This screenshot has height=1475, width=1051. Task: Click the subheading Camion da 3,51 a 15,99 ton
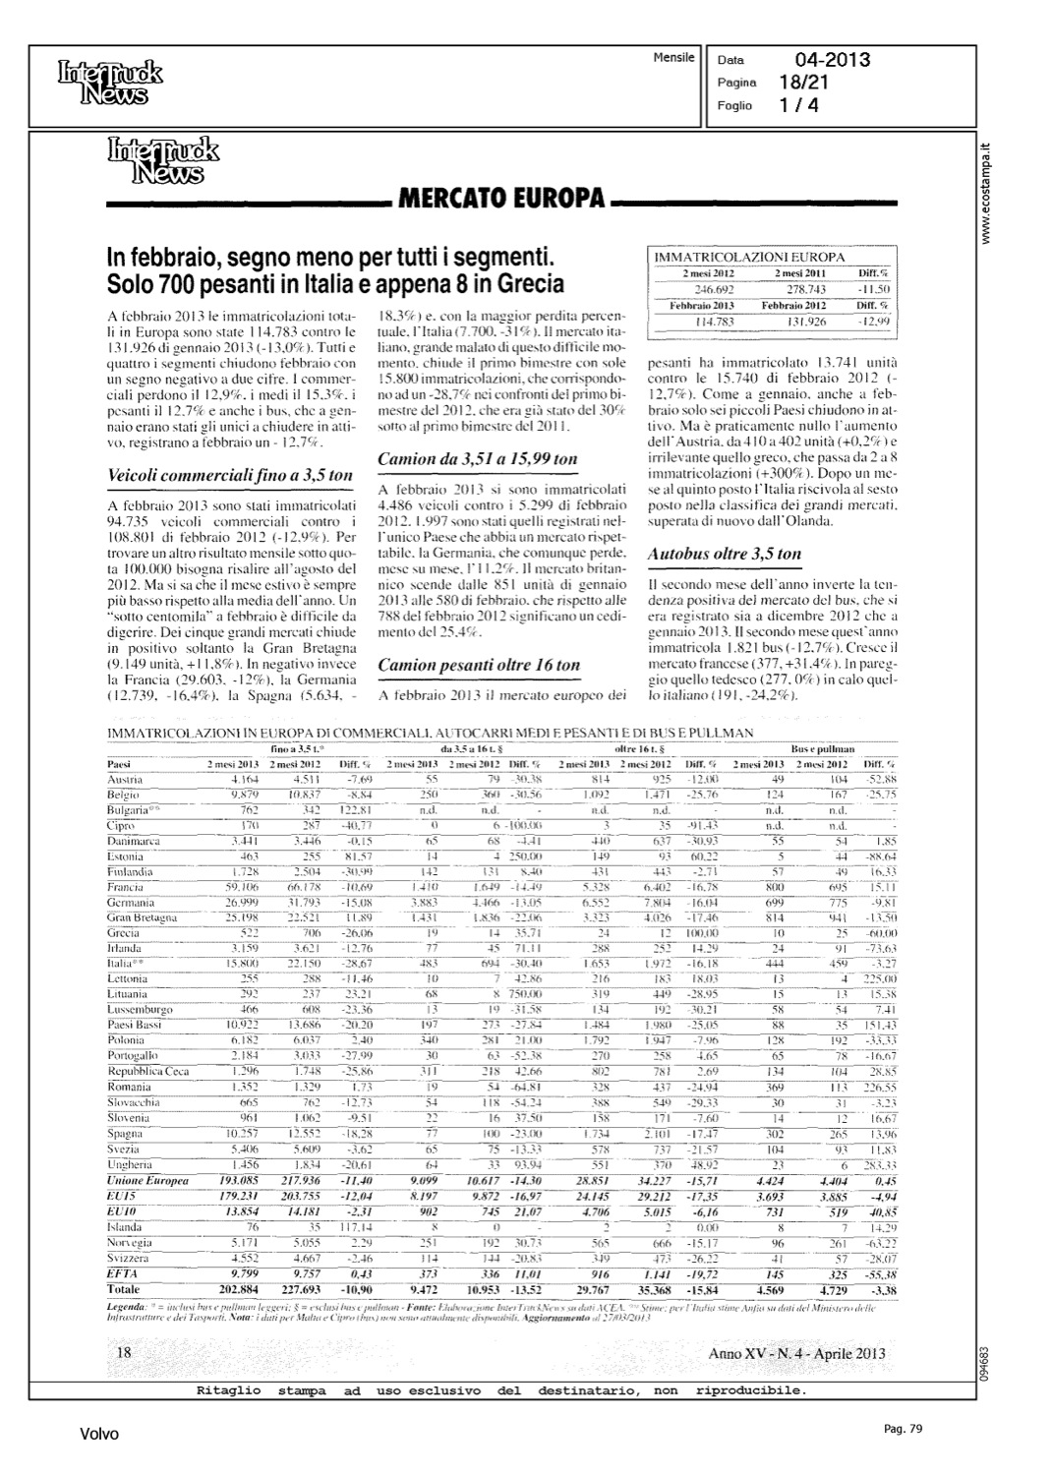pos(478,459)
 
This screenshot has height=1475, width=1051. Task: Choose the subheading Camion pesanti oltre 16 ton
pos(479,666)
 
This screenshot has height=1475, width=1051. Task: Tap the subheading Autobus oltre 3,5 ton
pos(725,554)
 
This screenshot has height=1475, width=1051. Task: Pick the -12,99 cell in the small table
pos(873,321)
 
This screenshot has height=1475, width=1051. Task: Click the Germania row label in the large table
pos(131,903)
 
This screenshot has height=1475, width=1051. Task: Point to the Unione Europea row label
pos(146,1181)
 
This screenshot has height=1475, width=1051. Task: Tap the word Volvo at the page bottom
pos(99,1435)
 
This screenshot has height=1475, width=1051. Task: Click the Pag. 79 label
pos(903,1429)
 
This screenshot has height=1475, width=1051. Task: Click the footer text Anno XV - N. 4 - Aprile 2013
pos(795,1354)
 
